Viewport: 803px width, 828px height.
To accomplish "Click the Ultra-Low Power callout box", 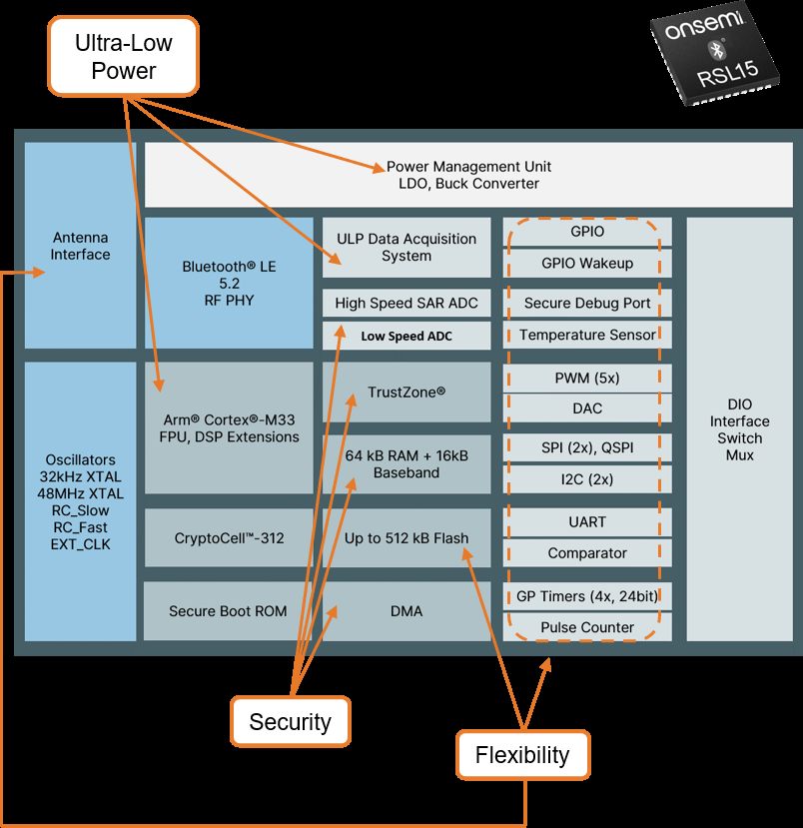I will click(x=123, y=56).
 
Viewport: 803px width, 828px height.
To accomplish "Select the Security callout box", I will click(x=290, y=721).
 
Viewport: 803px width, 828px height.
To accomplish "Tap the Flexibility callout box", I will click(x=522, y=755).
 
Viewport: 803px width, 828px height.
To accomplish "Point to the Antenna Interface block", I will click(x=80, y=246).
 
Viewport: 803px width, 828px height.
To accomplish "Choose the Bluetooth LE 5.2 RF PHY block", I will click(x=229, y=283).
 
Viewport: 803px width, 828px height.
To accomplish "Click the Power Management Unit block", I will click(x=468, y=175).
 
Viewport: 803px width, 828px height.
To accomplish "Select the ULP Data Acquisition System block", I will click(x=406, y=248).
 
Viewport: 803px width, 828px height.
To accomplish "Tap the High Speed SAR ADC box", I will click(x=406, y=303).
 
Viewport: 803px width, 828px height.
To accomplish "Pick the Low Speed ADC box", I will click(x=406, y=336).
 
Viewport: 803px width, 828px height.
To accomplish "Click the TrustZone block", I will click(x=406, y=392).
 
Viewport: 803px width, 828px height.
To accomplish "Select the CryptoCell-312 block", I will click(x=229, y=537).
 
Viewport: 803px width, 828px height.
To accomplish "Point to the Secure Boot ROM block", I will click(x=229, y=610).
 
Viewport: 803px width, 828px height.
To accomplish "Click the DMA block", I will click(x=406, y=610).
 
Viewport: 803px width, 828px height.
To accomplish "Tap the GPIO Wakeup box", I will click(x=587, y=264).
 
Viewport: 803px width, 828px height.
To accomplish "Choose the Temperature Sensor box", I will click(x=587, y=335).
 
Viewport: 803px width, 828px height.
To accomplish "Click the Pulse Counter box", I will click(x=587, y=627).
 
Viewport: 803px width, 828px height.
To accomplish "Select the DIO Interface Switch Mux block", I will click(x=740, y=429).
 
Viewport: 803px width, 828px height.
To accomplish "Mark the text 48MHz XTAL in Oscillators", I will click(x=80, y=493).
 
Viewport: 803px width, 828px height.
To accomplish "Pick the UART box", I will click(x=587, y=521).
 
